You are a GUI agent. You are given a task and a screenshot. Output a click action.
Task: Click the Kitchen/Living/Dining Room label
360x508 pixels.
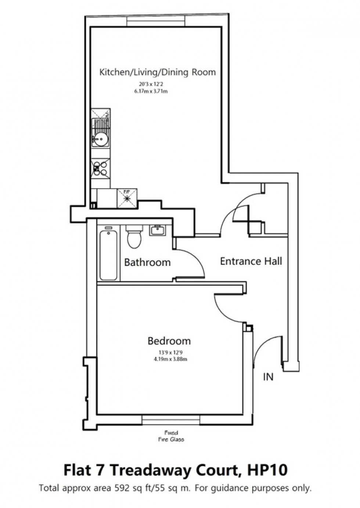click(x=158, y=72)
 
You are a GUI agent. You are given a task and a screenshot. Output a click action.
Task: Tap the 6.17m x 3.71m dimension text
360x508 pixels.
click(x=151, y=91)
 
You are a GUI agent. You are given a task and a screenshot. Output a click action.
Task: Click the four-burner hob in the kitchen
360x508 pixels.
click(x=101, y=168)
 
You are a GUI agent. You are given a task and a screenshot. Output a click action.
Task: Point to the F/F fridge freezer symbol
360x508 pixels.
click(x=127, y=197)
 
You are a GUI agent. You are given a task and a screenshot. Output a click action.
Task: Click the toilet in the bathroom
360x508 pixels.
click(x=134, y=238)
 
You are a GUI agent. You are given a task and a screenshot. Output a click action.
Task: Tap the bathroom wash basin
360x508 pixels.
click(x=158, y=230)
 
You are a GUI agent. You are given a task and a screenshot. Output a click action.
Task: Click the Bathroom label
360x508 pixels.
click(x=147, y=262)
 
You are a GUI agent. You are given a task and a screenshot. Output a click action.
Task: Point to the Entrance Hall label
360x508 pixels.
click(x=251, y=261)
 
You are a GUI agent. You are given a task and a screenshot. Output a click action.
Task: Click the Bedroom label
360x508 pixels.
click(x=169, y=341)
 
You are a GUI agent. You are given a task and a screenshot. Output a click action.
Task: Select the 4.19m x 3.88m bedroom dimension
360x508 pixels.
click(x=170, y=359)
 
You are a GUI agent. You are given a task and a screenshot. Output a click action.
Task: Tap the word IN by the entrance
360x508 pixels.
click(x=268, y=377)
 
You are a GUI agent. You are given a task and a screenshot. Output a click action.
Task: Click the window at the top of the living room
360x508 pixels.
click(x=156, y=22)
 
